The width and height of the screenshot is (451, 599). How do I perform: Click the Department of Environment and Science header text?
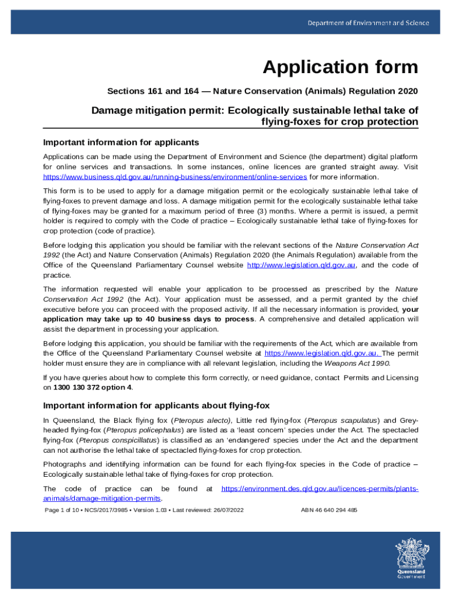coord(369,23)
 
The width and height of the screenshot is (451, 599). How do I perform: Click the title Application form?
coord(340,67)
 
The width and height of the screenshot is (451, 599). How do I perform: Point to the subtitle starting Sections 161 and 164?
coord(262,91)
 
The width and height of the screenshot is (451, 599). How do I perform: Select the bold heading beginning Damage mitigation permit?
coord(255,116)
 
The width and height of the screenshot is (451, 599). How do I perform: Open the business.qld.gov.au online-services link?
coord(175,177)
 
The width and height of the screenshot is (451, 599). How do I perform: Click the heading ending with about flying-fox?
coord(156,405)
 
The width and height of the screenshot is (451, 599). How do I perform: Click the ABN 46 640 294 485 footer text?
coord(329,510)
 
